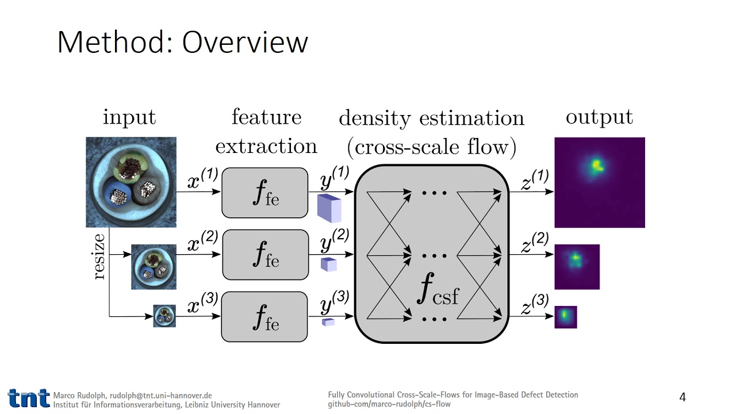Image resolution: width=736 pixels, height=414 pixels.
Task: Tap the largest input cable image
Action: [x=131, y=182]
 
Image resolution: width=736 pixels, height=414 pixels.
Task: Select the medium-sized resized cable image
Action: [x=154, y=267]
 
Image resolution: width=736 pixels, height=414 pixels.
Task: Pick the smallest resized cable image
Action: [x=164, y=316]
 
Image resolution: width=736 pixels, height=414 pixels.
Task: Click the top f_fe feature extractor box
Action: [x=264, y=193]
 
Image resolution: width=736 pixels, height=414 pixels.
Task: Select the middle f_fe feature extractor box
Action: [x=265, y=255]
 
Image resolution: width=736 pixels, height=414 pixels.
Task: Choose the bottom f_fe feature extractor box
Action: [x=264, y=317]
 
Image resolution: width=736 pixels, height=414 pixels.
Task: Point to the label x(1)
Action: [x=202, y=179]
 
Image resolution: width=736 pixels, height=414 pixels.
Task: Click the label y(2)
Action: [x=335, y=241]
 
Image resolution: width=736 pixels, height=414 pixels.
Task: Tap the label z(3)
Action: [x=534, y=304]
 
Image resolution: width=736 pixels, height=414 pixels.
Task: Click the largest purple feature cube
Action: [x=329, y=208]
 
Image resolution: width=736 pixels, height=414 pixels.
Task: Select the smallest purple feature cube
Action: [x=328, y=322]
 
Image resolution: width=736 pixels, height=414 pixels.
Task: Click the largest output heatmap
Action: [x=600, y=182]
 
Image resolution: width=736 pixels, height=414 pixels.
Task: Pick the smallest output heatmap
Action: [x=565, y=317]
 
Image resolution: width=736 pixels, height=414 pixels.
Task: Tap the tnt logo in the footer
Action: [x=28, y=398]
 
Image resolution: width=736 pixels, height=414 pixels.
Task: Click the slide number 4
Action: [x=683, y=397]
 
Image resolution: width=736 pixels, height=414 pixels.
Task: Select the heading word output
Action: [x=599, y=117]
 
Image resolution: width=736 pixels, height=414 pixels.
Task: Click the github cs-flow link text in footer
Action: [x=389, y=404]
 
